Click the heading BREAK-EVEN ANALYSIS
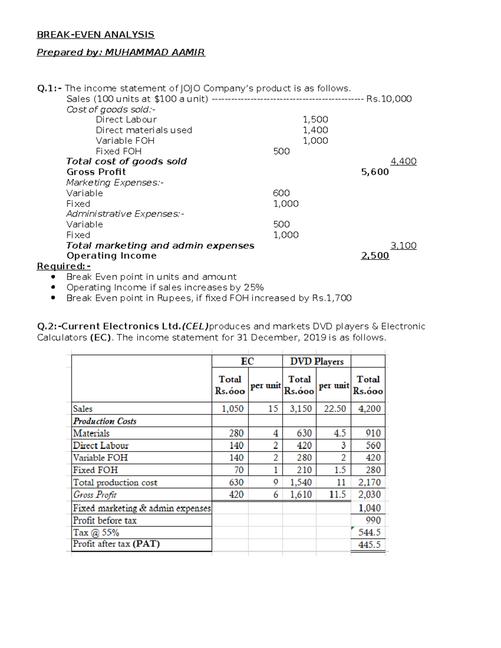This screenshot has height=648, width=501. [x=96, y=35]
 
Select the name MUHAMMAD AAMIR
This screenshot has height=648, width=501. [x=155, y=52]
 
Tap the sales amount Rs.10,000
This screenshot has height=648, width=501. [x=389, y=99]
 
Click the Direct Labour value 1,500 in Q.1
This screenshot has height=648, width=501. [x=315, y=120]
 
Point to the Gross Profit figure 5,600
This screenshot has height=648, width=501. [x=374, y=172]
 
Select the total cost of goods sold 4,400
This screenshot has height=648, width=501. [x=403, y=161]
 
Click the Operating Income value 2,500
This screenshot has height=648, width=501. [x=374, y=256]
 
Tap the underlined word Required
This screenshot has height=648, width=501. [x=61, y=266]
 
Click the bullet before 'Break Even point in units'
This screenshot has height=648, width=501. [x=53, y=277]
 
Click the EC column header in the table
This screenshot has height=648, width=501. [x=247, y=361]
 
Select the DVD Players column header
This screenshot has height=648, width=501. [x=317, y=361]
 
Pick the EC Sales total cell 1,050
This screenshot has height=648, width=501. [x=233, y=409]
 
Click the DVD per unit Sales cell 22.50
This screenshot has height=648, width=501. [x=335, y=409]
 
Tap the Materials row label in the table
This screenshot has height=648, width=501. [x=91, y=434]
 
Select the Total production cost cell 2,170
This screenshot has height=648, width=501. [x=369, y=483]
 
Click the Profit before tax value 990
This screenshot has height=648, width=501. [x=373, y=520]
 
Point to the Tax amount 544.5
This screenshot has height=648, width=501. [x=369, y=532]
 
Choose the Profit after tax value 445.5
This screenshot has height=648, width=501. [x=369, y=545]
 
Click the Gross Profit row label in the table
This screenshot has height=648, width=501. [x=95, y=495]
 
